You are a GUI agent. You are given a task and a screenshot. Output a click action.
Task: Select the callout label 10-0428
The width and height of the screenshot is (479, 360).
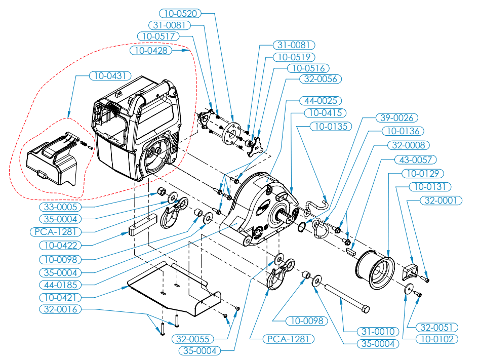(x=150, y=50)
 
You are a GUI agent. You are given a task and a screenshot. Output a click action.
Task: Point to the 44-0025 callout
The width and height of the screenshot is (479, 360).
(x=320, y=100)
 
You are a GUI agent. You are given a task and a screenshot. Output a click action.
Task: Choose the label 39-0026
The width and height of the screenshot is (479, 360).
(x=396, y=118)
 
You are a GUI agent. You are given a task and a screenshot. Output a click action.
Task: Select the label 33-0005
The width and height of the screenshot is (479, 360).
(x=60, y=207)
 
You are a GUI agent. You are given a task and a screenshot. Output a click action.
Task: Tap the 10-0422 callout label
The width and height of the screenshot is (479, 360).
(x=60, y=245)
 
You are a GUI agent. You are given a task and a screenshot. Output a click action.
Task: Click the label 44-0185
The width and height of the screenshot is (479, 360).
(x=60, y=284)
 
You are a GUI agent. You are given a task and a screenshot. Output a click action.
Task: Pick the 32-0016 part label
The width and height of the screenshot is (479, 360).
(x=60, y=309)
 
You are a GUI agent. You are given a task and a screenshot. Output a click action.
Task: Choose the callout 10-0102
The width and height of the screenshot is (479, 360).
(x=435, y=339)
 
